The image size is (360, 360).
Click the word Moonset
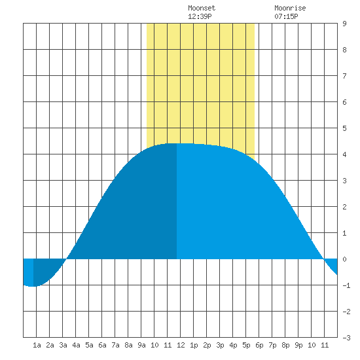(202, 8)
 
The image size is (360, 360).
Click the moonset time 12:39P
(200, 16)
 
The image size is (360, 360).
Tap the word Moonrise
(290, 8)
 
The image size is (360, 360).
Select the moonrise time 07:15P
(286, 16)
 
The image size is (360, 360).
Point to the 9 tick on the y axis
(344, 24)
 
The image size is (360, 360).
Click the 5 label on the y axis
(344, 128)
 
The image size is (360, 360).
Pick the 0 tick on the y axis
(344, 259)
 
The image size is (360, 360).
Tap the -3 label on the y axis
(346, 338)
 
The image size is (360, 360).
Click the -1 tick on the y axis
(346, 285)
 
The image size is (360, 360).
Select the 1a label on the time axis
(37, 345)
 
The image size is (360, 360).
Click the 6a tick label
(102, 345)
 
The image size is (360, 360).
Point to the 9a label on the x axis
(141, 345)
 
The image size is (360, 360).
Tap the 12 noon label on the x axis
(181, 345)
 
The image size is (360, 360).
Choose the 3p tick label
(220, 345)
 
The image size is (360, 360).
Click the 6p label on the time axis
(259, 345)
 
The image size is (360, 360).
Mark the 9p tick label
(298, 345)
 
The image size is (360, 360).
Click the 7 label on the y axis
(344, 76)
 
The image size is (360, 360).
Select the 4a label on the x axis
(76, 345)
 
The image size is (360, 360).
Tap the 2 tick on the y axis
(344, 207)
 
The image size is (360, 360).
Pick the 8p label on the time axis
(285, 345)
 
